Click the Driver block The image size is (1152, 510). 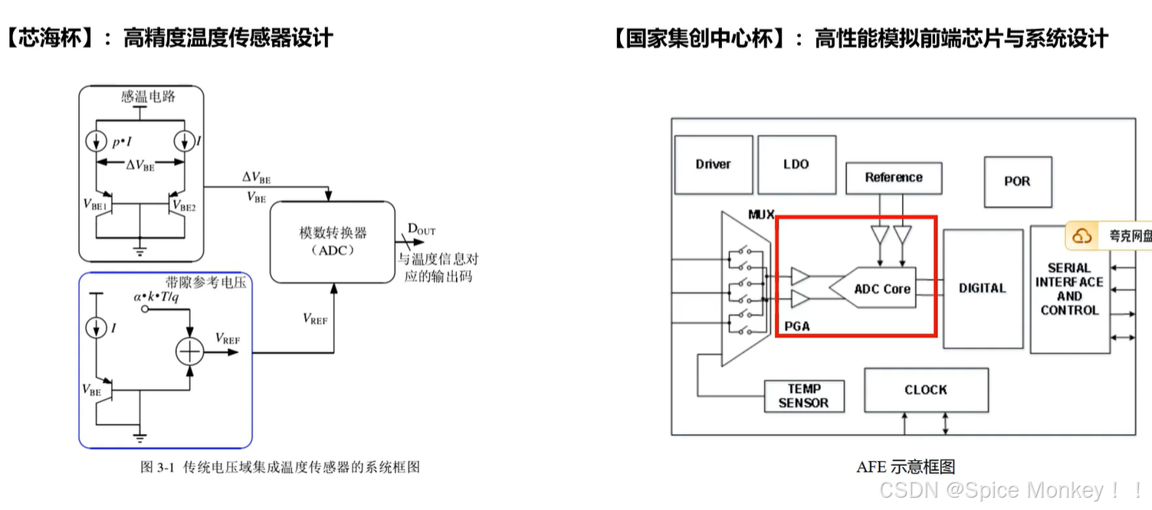click(713, 164)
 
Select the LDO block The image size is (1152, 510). click(796, 164)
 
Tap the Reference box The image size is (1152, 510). click(893, 178)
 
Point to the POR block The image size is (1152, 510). click(1017, 181)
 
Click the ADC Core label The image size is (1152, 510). click(882, 289)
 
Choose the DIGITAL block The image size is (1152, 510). click(982, 289)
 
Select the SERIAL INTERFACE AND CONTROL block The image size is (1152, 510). click(1069, 289)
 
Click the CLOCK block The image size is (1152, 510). click(925, 390)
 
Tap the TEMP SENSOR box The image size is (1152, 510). click(803, 396)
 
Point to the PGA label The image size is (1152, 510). click(797, 326)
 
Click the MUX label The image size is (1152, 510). click(761, 214)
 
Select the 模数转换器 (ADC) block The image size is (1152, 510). click(333, 241)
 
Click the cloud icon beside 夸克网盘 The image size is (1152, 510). click(1081, 236)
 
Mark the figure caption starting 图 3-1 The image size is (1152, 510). click(280, 467)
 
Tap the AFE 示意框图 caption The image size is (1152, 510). click(905, 466)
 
